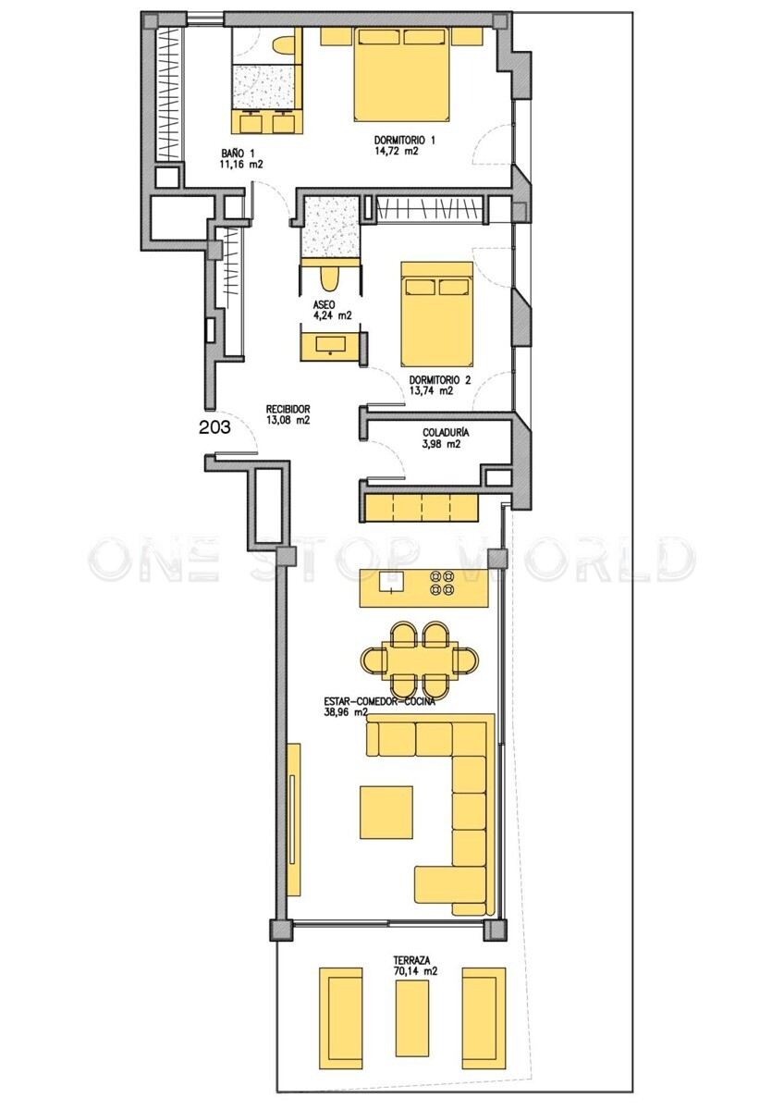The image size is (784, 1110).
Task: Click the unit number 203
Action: click(214, 427)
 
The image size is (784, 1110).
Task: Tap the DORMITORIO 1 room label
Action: click(405, 141)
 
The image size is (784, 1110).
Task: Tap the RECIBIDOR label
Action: click(288, 409)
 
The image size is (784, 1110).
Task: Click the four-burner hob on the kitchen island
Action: click(442, 583)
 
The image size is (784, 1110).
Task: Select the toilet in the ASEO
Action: click(328, 278)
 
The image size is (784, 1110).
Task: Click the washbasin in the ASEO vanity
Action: click(330, 344)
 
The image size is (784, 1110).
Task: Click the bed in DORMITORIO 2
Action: click(436, 314)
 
